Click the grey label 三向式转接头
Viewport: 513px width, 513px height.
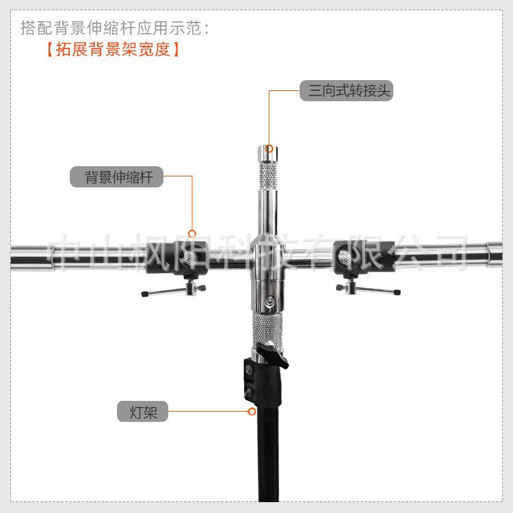click(x=346, y=90)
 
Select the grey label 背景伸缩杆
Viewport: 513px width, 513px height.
click(x=116, y=177)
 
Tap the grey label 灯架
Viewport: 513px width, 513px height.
click(x=142, y=412)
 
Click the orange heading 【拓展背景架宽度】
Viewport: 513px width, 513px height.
click(x=113, y=50)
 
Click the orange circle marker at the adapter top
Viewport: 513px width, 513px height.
click(x=269, y=148)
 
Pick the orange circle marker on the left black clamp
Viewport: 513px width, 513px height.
click(x=192, y=233)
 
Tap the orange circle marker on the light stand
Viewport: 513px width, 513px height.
click(x=252, y=412)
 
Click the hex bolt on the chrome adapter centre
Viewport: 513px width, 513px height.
click(x=270, y=301)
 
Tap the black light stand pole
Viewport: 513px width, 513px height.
click(x=269, y=458)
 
